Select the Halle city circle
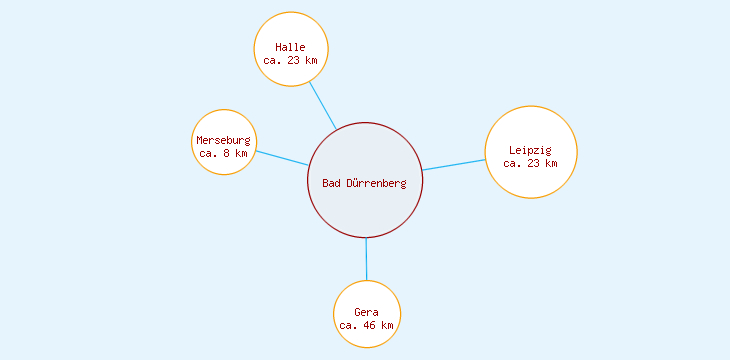point(291,30)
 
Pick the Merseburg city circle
point(224,124)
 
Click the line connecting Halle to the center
point(322,105)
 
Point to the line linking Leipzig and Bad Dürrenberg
point(454,164)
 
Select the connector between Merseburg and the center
point(282,158)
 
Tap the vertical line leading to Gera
point(366,259)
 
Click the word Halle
point(291,47)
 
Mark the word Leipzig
point(530,150)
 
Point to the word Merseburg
point(224,140)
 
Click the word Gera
point(367,313)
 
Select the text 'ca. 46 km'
point(367,326)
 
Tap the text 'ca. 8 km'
point(224,154)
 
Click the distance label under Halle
point(291,60)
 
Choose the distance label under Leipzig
point(530,163)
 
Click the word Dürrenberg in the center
point(376,183)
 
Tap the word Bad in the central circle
point(331,183)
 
